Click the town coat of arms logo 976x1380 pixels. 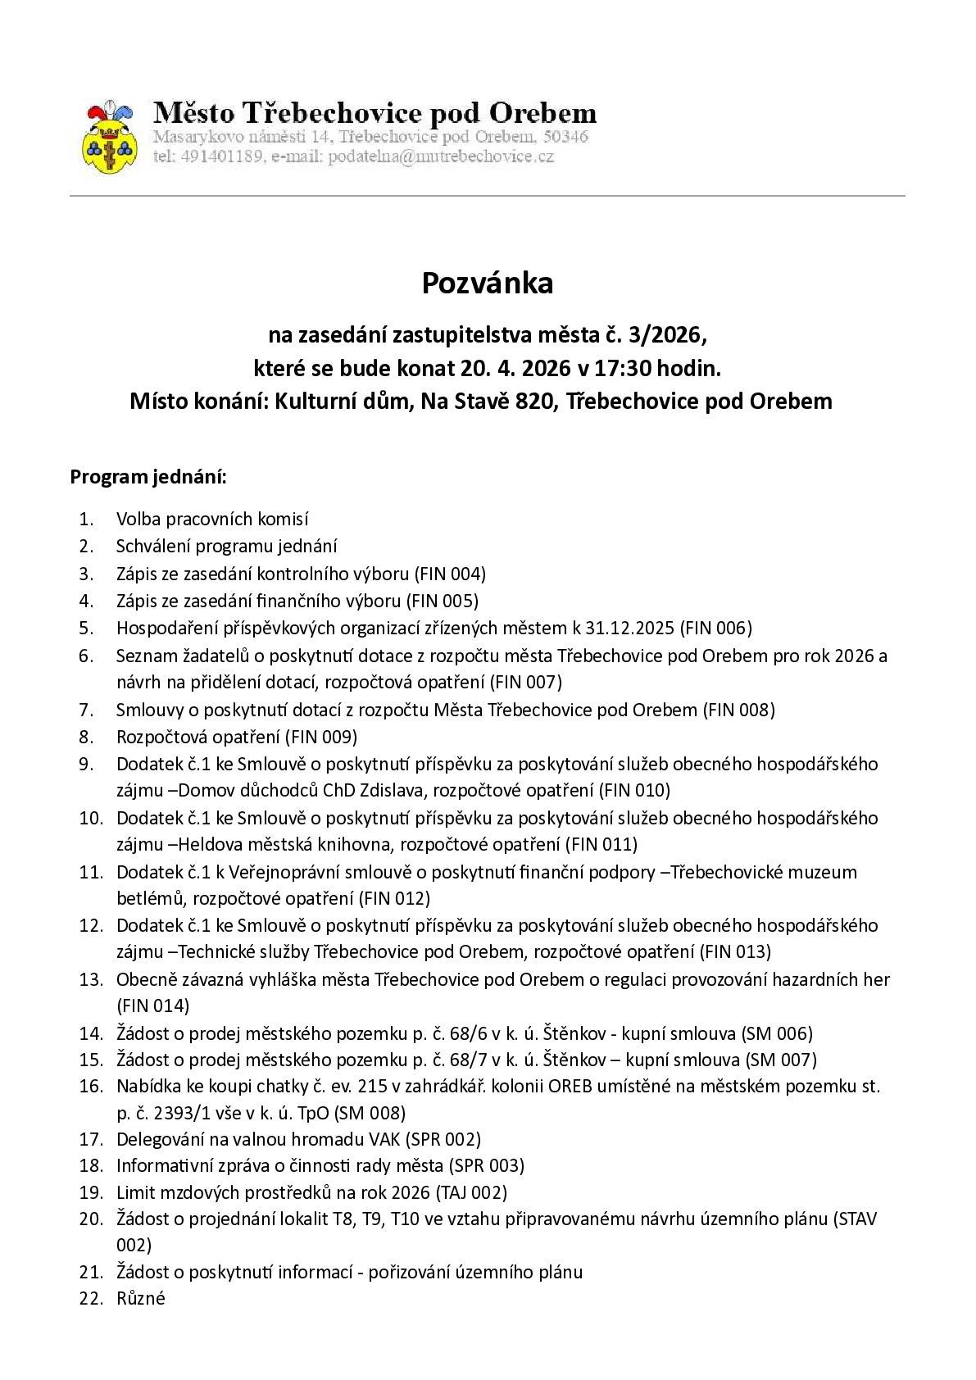[108, 138]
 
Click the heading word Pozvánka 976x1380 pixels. [488, 283]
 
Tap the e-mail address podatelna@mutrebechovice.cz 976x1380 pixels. [441, 157]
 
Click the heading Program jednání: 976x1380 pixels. [148, 477]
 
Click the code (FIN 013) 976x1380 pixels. [734, 951]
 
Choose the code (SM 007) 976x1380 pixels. [780, 1060]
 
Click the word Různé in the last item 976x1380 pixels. [141, 1298]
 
